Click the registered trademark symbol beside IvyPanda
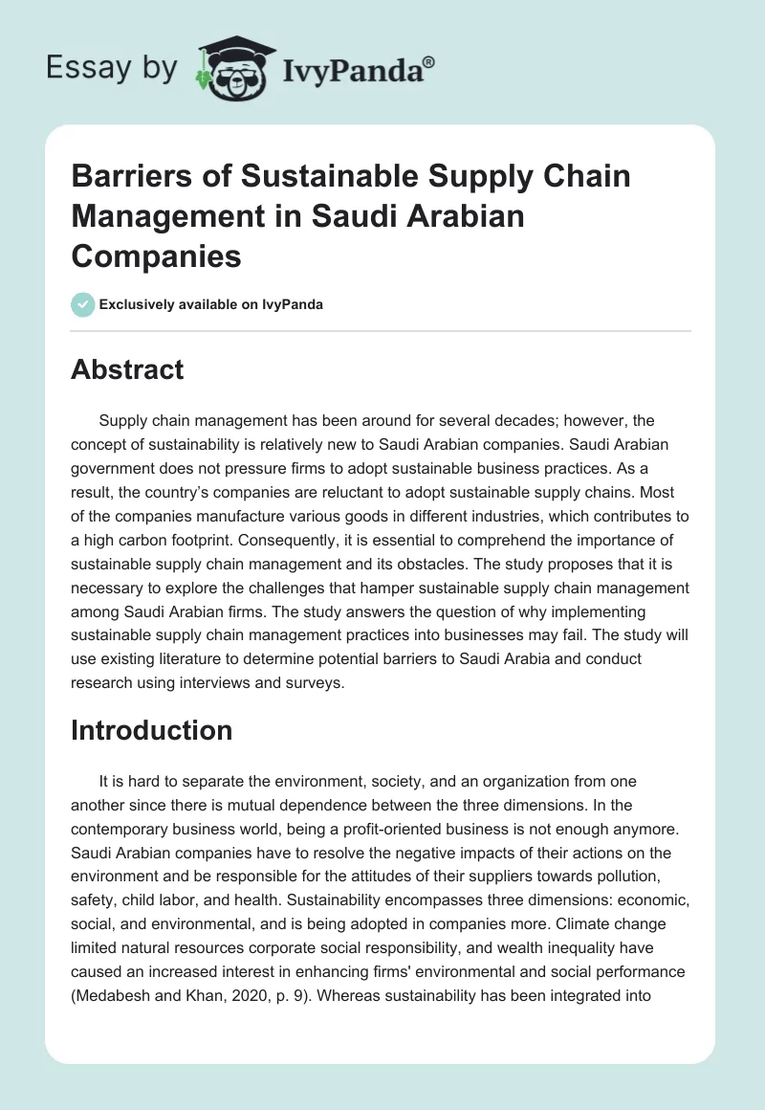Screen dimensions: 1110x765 tap(428, 62)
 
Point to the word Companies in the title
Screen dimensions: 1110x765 tap(157, 256)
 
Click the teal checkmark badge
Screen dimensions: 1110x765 tap(83, 304)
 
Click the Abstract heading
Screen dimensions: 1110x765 tap(127, 369)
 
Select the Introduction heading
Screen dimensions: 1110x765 tap(151, 730)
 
